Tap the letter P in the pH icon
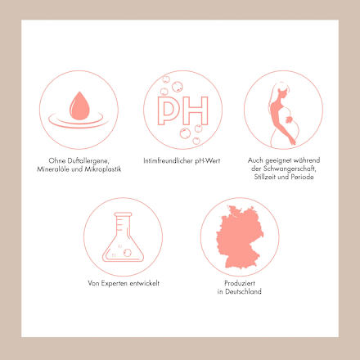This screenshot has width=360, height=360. (x=168, y=110)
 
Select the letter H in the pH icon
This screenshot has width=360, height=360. (x=195, y=110)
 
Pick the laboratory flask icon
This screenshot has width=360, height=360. (x=123, y=236)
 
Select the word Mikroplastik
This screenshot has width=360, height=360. (x=103, y=169)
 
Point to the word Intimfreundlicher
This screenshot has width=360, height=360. (x=168, y=161)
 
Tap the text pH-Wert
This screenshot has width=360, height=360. (x=208, y=161)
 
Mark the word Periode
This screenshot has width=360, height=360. (x=302, y=177)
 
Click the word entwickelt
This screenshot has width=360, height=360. (x=145, y=283)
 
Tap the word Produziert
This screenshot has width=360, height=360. (x=240, y=283)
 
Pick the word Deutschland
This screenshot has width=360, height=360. (x=243, y=291)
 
